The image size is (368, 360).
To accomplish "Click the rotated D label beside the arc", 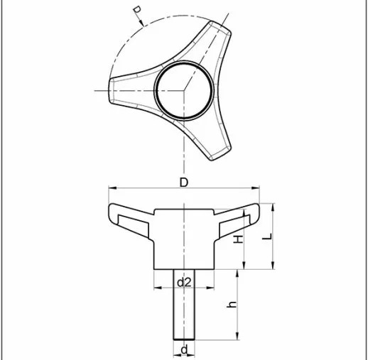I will click(137, 12).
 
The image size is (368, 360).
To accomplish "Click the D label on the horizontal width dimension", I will click(184, 182).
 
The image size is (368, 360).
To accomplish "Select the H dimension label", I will click(239, 239).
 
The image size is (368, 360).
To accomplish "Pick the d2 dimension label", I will click(184, 282).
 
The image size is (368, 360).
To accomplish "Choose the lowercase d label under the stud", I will click(184, 349).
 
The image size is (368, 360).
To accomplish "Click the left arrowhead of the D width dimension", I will click(111, 190).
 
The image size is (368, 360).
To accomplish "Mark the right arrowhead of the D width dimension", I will click(257, 190).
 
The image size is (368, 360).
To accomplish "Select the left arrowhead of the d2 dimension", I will click(158, 288).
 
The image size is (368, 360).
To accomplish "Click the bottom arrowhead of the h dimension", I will click(237, 337).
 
